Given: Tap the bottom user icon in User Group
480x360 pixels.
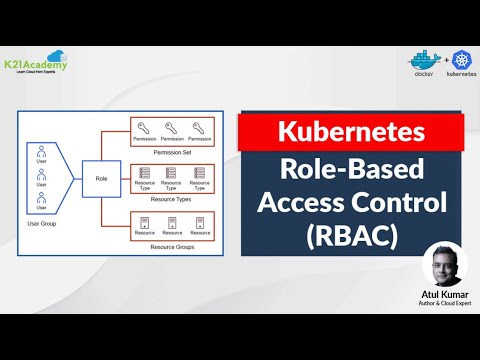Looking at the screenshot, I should click(41, 202).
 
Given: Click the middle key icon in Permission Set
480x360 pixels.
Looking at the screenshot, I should click(172, 125).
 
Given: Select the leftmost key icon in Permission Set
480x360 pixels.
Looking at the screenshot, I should click(145, 125).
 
